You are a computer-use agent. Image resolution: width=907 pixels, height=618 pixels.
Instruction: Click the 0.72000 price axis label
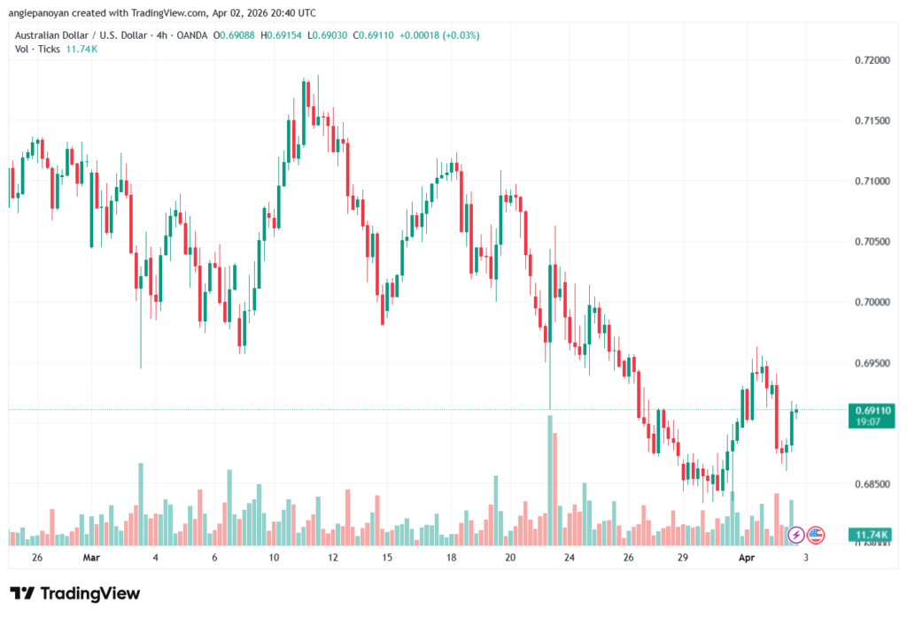[872, 60]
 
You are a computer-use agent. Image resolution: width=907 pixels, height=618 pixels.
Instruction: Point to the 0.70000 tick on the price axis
[872, 302]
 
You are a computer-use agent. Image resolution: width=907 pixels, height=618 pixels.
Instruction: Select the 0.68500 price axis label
[872, 483]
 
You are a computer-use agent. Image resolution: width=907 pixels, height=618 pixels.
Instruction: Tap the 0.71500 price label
[872, 120]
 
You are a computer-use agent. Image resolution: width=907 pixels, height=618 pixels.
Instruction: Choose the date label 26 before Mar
[36, 558]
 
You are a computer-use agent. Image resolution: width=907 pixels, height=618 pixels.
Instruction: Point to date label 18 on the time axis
[451, 558]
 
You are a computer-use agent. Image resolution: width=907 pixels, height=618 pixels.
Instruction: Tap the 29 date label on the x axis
[683, 558]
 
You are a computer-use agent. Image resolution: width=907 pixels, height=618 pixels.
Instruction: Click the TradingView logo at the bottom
[74, 593]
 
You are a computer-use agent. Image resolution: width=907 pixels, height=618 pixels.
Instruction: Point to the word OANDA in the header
[193, 35]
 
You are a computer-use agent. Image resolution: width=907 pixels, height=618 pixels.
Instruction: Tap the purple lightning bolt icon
[795, 535]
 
